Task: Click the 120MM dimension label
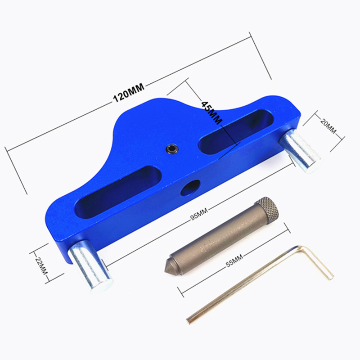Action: pyautogui.click(x=129, y=93)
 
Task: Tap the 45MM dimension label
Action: pyautogui.click(x=211, y=112)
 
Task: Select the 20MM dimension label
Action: pyautogui.click(x=328, y=126)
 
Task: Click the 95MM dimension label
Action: pyautogui.click(x=199, y=214)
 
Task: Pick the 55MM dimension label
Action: pyautogui.click(x=234, y=261)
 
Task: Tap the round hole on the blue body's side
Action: pyautogui.click(x=190, y=188)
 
